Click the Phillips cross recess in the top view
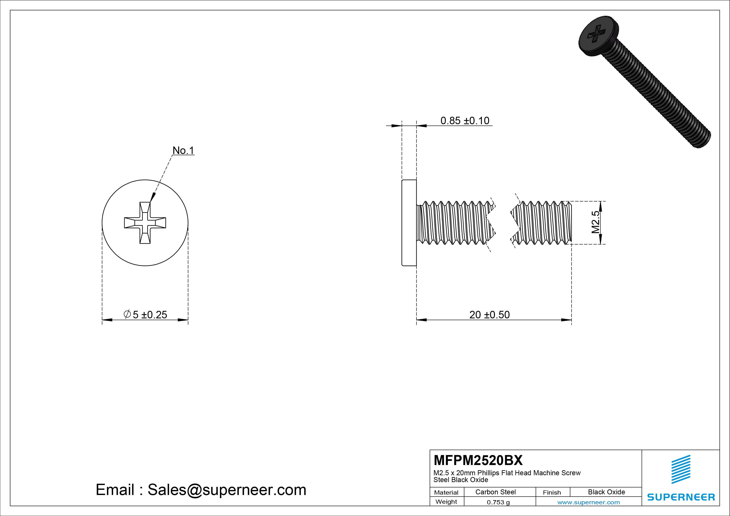[145, 223]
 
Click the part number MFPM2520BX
[478, 460]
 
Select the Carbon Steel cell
[495, 492]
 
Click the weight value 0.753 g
[498, 502]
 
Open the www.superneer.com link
[588, 502]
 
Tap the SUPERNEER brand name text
[681, 497]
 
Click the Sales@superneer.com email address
[227, 490]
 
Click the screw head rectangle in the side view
[409, 223]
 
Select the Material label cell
[446, 492]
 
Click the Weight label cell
[446, 502]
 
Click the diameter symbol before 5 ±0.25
[127, 314]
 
